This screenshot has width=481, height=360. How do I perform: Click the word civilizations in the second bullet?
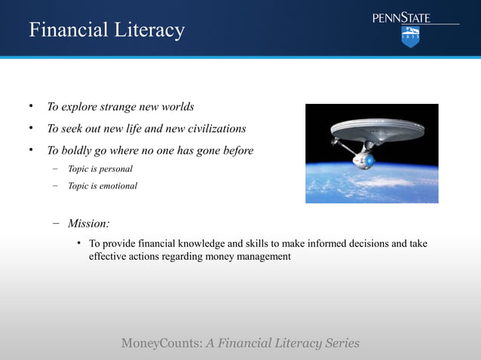pos(214,129)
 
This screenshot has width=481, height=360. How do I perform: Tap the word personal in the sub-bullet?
pos(115,169)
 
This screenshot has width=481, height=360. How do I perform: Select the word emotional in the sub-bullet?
pos(118,185)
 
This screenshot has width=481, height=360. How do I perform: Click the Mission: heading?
pos(88,223)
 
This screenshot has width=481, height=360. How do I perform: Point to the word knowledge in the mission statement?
pos(204,243)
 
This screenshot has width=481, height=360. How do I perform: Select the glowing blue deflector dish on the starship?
pos(369,160)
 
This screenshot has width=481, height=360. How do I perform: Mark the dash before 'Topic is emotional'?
pos(55,185)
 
